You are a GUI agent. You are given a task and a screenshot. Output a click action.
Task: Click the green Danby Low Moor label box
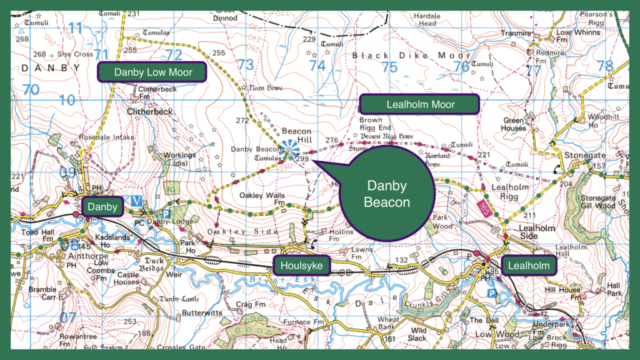click(x=152, y=72)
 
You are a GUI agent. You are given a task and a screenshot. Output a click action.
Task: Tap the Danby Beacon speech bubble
click(x=387, y=193)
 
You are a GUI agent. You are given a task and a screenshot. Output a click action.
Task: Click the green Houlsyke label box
click(x=301, y=266)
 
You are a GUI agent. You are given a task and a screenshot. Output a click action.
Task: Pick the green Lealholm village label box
click(x=528, y=266)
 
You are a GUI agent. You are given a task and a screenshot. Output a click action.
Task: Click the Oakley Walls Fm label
click(x=266, y=199)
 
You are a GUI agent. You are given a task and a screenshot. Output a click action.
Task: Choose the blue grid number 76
click(x=461, y=66)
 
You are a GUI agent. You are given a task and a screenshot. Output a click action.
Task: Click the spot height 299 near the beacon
click(x=303, y=160)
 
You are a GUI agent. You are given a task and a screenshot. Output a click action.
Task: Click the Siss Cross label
click(x=75, y=54)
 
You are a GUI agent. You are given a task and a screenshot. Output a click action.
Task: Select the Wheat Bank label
click(x=388, y=323)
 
